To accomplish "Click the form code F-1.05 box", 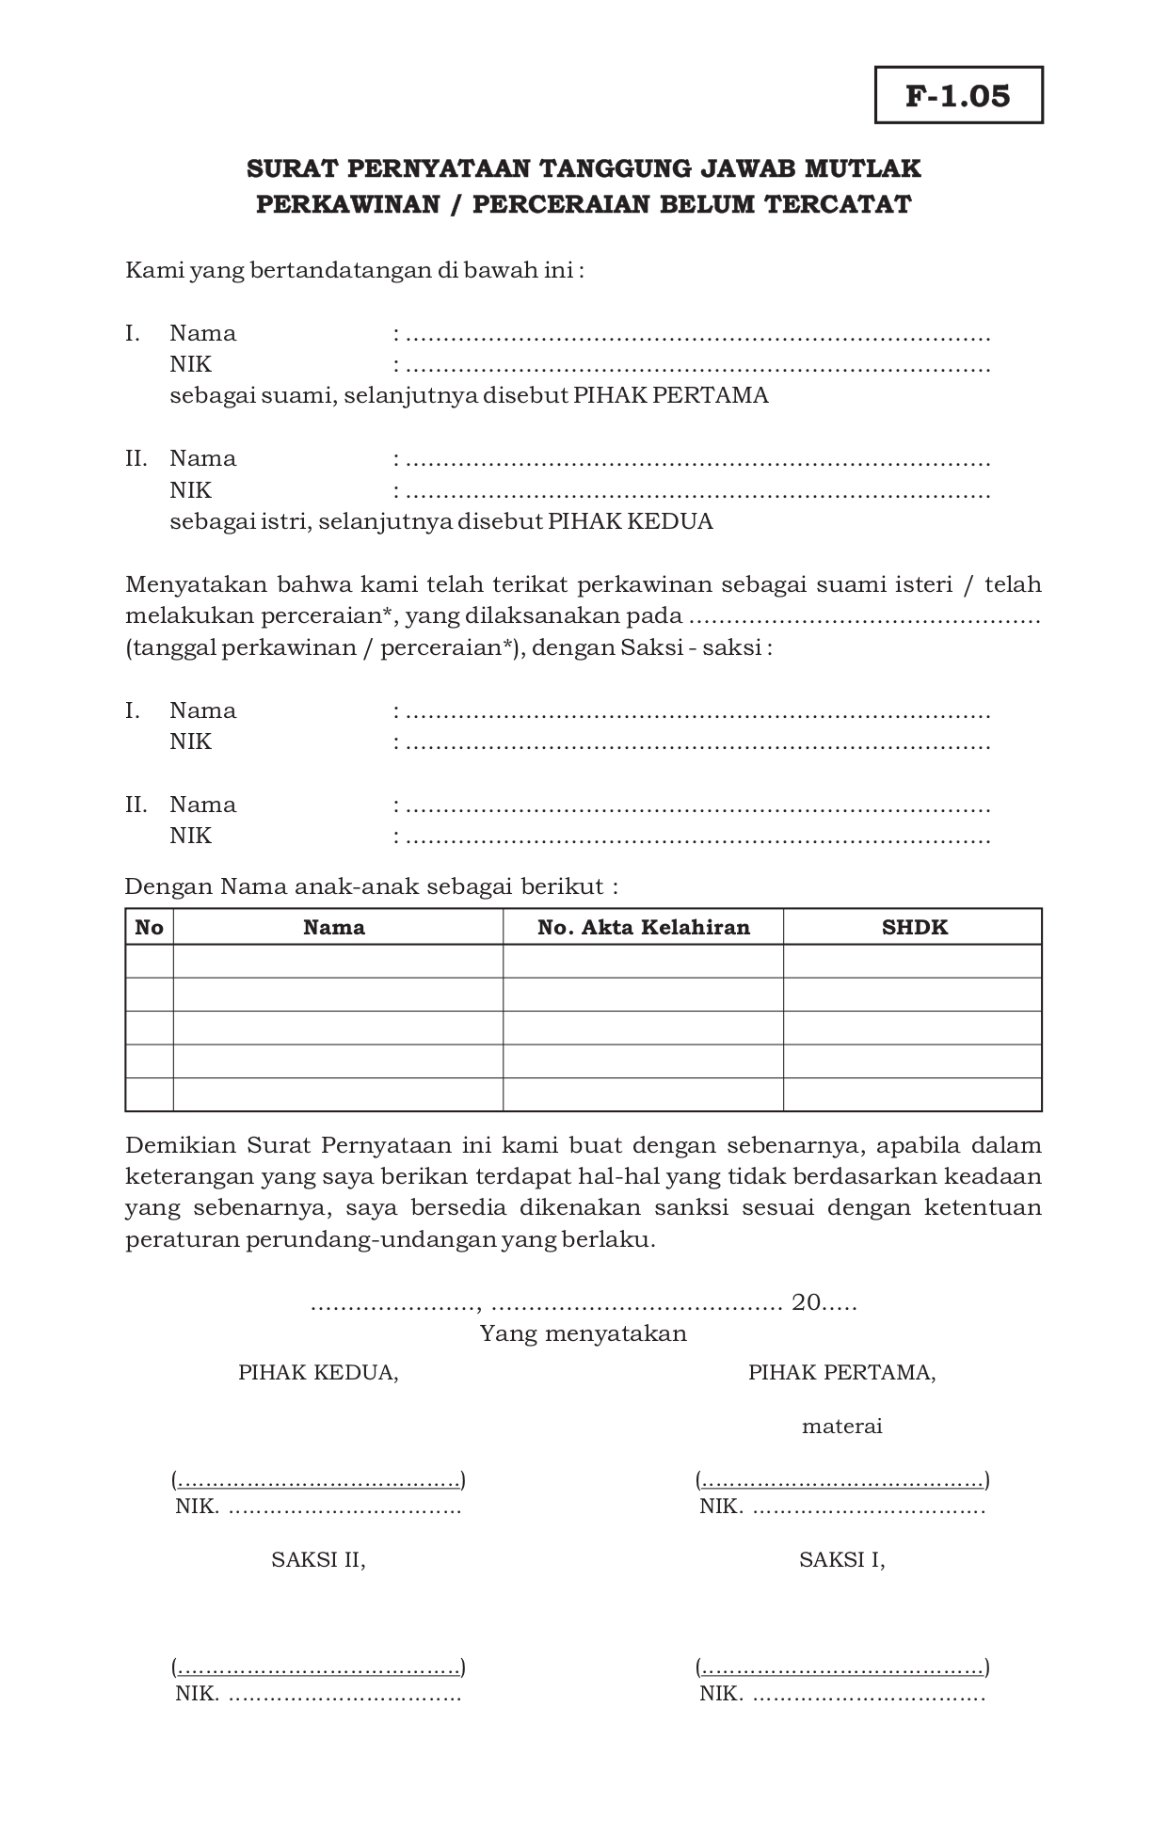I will pyautogui.click(x=958, y=95).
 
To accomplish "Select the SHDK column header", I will pyautogui.click(x=913, y=927).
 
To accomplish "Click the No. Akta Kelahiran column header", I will pyautogui.click(x=643, y=927).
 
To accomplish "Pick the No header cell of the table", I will pyautogui.click(x=149, y=927).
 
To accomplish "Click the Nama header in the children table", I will pyautogui.click(x=334, y=927).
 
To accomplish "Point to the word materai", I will pyautogui.click(x=841, y=1427).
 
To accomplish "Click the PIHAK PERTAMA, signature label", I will pyautogui.click(x=841, y=1372).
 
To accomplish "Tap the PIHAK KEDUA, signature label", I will pyautogui.click(x=318, y=1372).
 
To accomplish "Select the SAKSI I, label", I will pyautogui.click(x=841, y=1559).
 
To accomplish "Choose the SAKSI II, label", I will pyautogui.click(x=318, y=1559).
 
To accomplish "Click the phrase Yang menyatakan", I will pyautogui.click(x=584, y=1333).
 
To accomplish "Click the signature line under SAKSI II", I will pyautogui.click(x=318, y=1668).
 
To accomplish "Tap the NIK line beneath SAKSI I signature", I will pyautogui.click(x=841, y=1695).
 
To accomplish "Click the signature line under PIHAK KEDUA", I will pyautogui.click(x=318, y=1480).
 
